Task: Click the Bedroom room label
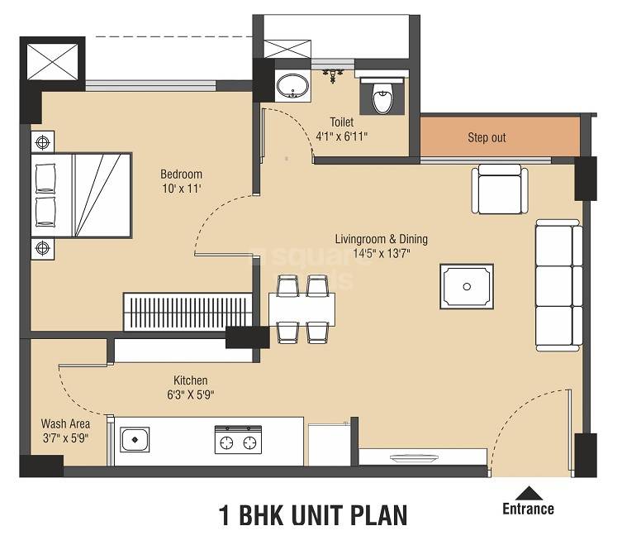pyautogui.click(x=181, y=174)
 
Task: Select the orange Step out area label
pyautogui.click(x=487, y=137)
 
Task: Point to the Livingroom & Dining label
pyautogui.click(x=381, y=240)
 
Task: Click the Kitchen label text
pyautogui.click(x=190, y=380)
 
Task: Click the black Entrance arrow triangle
pyautogui.click(x=528, y=493)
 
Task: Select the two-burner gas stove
pyautogui.click(x=237, y=441)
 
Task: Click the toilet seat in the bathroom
pyautogui.click(x=382, y=98)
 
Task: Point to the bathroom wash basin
pyautogui.click(x=291, y=86)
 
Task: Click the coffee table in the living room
pyautogui.click(x=467, y=287)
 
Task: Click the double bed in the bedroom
pyautogui.click(x=81, y=195)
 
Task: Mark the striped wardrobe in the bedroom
pyautogui.click(x=188, y=312)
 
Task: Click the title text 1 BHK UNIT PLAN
pyautogui.click(x=313, y=516)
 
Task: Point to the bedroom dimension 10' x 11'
pyautogui.click(x=181, y=189)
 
